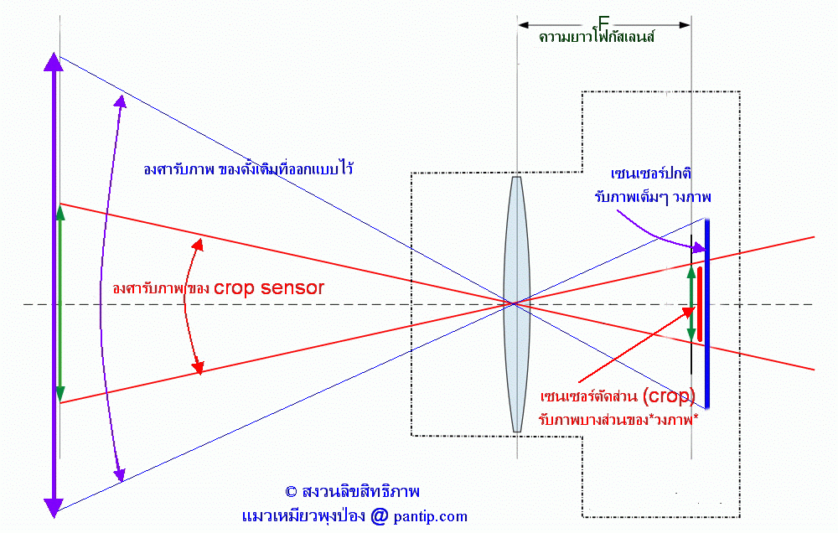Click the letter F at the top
pos(603,22)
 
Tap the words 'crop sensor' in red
pos(268,287)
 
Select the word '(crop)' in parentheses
pos(668,395)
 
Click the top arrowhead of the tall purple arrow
pos(54,62)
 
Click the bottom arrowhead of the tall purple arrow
pos(54,507)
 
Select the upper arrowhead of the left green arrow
pos(59,213)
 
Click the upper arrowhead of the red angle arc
pos(199,245)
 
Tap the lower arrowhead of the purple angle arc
pos(120,475)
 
